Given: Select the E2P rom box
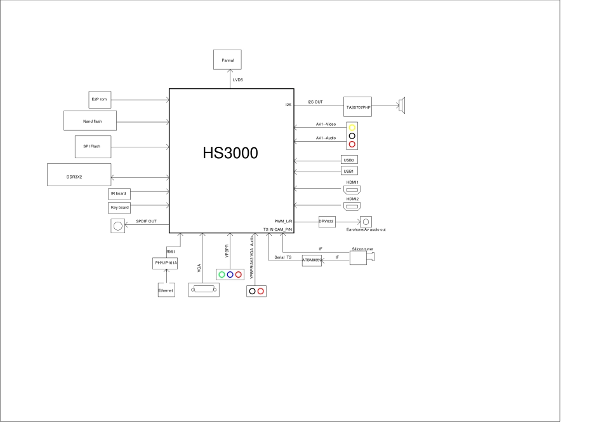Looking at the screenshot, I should pyautogui.click(x=100, y=99).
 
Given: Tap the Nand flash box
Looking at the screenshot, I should pyautogui.click(x=93, y=121).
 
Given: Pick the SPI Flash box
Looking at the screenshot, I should pyautogui.click(x=92, y=147).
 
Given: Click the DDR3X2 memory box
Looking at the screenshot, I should pyautogui.click(x=79, y=174).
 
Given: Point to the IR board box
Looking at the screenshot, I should pyautogui.click(x=119, y=193).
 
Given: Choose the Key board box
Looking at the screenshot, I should pyautogui.click(x=119, y=208).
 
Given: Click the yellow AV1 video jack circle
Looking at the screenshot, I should pyautogui.click(x=352, y=128).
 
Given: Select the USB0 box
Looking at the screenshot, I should pyautogui.click(x=348, y=160).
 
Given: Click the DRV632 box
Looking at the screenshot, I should pyautogui.click(x=326, y=221).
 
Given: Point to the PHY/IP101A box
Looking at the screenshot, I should pyautogui.click(x=166, y=262).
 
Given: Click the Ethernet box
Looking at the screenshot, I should pyautogui.click(x=166, y=290).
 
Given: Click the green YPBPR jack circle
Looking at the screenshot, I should pyautogui.click(x=222, y=274).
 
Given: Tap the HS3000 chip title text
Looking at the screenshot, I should pyautogui.click(x=230, y=153).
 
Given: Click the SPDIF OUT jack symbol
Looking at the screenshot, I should pyautogui.click(x=117, y=225).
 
